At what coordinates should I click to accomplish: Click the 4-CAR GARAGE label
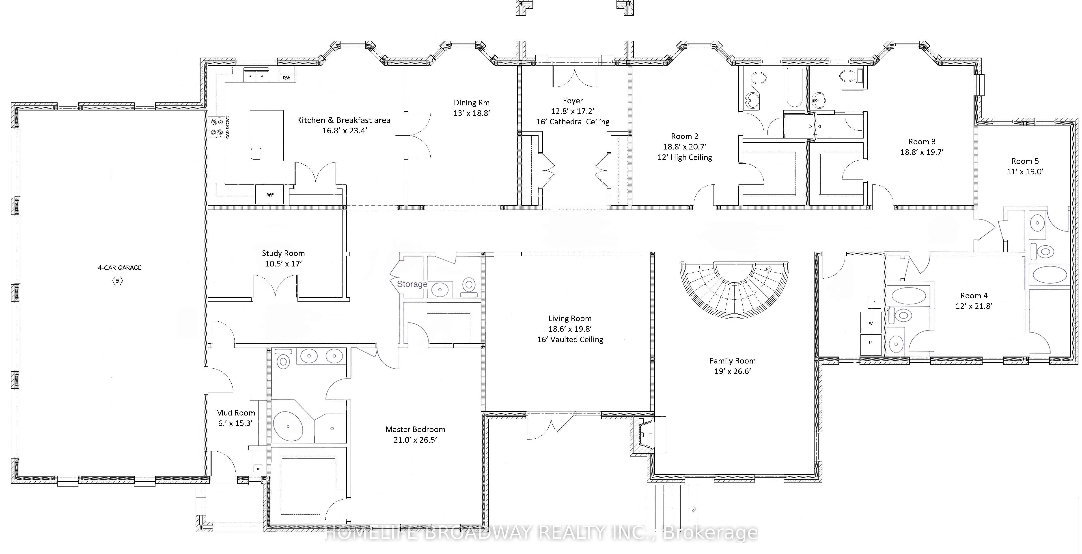(120, 267)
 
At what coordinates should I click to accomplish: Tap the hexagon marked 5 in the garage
(118, 281)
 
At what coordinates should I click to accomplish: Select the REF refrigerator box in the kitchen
(270, 195)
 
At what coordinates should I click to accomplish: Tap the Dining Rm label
(472, 103)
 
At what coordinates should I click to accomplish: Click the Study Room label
(283, 253)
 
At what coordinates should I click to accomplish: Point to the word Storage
(412, 284)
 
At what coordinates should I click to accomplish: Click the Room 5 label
(1025, 161)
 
